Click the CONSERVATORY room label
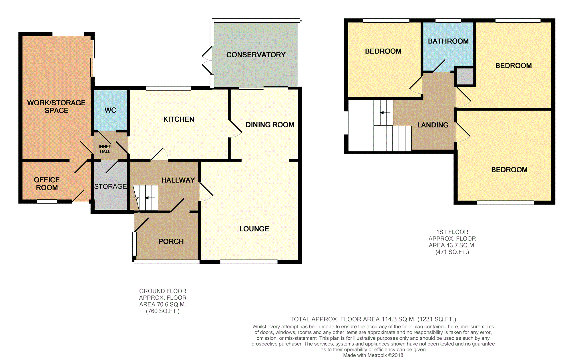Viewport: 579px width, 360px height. (x=256, y=55)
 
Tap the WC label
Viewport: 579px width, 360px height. (x=110, y=110)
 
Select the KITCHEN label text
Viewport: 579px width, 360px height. (x=179, y=119)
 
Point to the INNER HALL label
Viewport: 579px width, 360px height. (x=105, y=149)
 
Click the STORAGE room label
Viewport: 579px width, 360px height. (x=110, y=186)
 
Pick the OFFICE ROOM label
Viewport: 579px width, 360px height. (x=47, y=184)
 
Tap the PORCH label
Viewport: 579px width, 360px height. (x=171, y=241)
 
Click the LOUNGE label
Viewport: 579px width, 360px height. (x=254, y=229)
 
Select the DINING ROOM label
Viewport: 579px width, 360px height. (x=270, y=125)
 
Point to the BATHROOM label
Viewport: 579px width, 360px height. (x=448, y=41)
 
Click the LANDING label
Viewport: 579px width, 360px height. (x=433, y=125)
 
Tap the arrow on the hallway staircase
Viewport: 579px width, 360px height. (x=150, y=198)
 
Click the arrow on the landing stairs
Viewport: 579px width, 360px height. (x=385, y=113)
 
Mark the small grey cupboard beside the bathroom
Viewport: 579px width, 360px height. (x=465, y=76)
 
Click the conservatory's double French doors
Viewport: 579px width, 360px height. (x=207, y=60)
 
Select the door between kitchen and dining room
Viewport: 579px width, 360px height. (x=235, y=129)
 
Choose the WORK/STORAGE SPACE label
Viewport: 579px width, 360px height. (x=56, y=107)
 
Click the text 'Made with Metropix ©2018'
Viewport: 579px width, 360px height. (x=373, y=355)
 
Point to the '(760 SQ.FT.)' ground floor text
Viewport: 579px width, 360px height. (x=163, y=311)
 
